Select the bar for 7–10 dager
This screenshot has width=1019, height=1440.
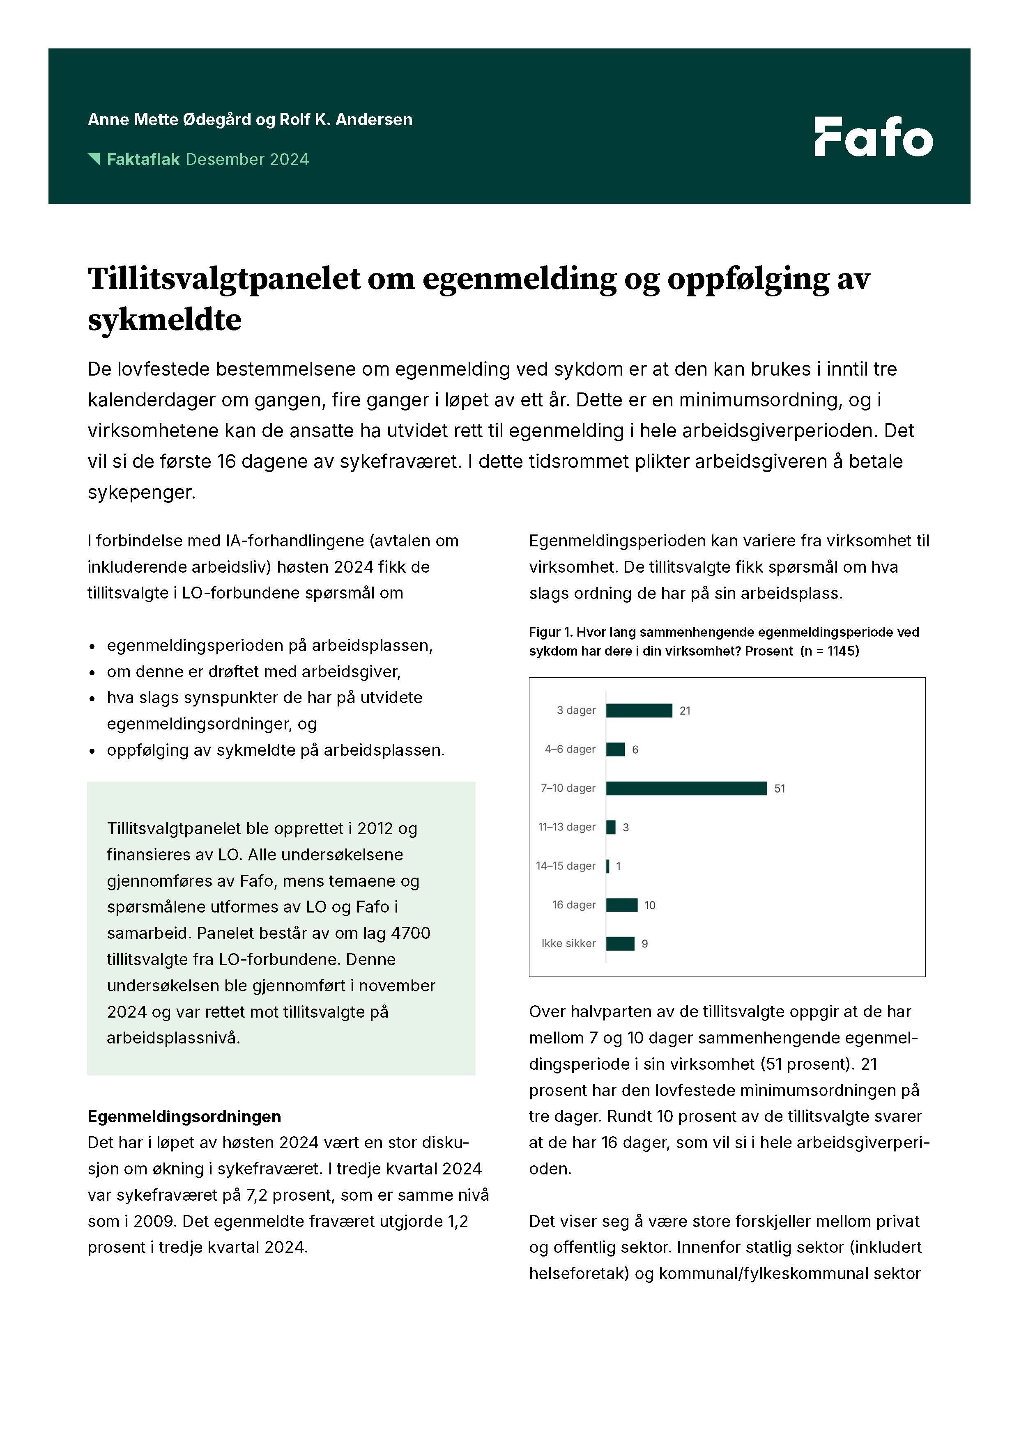[x=686, y=789]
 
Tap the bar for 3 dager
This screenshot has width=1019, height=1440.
[x=639, y=711]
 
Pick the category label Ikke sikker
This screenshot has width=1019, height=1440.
[x=568, y=943]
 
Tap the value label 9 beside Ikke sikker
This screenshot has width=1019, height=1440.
[x=644, y=944]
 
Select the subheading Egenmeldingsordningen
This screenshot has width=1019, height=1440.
[x=184, y=1117]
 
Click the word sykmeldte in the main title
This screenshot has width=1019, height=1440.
[x=164, y=320]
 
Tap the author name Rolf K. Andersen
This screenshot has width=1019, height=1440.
[x=346, y=120]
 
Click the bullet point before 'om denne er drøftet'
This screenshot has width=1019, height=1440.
[x=92, y=673]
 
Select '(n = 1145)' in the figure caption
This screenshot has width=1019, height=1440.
[x=830, y=651]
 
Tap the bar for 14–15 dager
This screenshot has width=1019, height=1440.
[x=607, y=866]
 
